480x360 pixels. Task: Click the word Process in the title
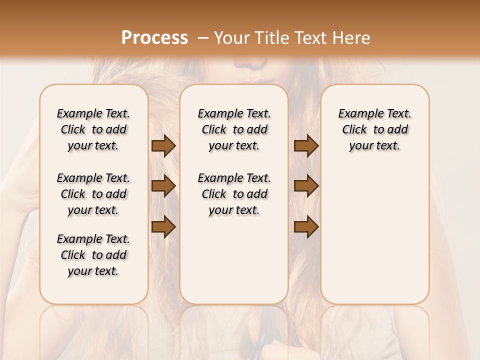click(x=154, y=38)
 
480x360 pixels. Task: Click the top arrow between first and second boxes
click(x=163, y=145)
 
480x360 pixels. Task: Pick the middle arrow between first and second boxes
click(x=163, y=186)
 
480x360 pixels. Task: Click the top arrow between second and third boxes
click(x=306, y=145)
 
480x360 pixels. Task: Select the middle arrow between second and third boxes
click(x=306, y=186)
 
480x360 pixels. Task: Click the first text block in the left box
click(x=93, y=129)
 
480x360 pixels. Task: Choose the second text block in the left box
click(x=93, y=194)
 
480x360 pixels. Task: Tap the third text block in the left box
click(x=93, y=255)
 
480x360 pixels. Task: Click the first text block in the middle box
click(x=234, y=129)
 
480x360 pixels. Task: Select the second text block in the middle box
click(x=234, y=194)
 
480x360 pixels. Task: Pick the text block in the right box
click(x=374, y=129)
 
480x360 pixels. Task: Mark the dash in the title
click(x=202, y=38)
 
